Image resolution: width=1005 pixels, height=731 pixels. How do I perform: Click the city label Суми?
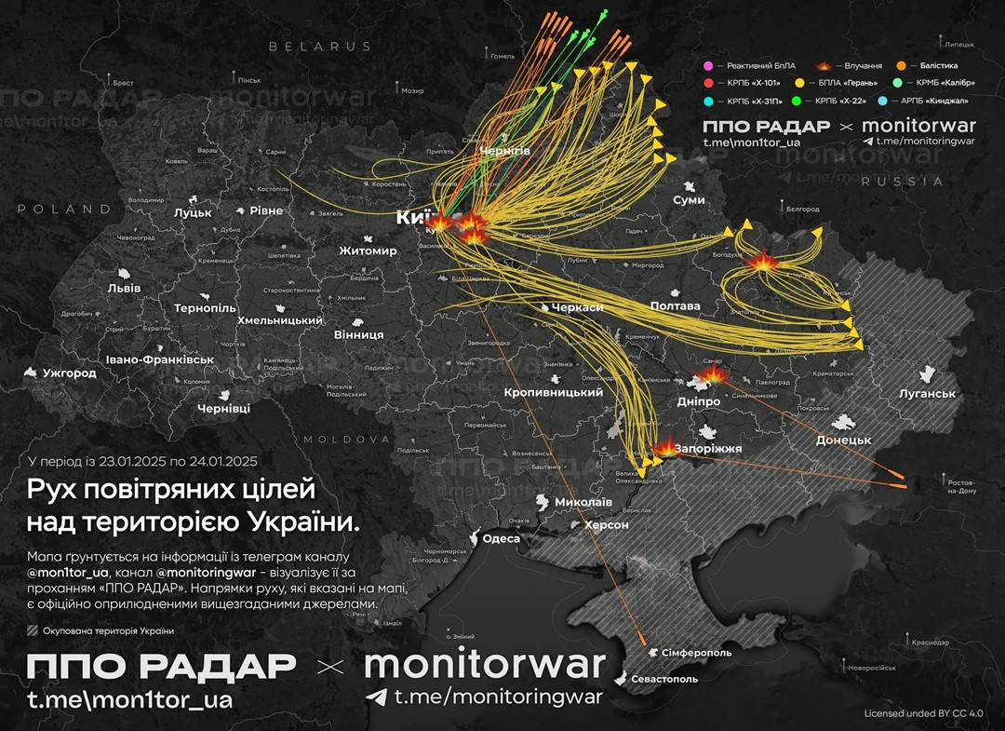pos(689,200)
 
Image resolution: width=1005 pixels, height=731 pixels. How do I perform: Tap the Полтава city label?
pos(675,305)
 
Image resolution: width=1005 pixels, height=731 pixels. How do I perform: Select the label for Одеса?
pos(502,538)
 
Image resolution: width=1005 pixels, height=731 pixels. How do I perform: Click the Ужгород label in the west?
pos(69,373)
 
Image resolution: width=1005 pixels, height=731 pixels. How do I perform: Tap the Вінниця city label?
pos(358,334)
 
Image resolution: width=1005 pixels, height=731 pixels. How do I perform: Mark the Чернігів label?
pos(505,152)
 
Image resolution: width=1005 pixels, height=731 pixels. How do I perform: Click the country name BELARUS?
pos(319,46)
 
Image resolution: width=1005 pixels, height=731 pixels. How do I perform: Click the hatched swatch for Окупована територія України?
pos(33,630)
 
